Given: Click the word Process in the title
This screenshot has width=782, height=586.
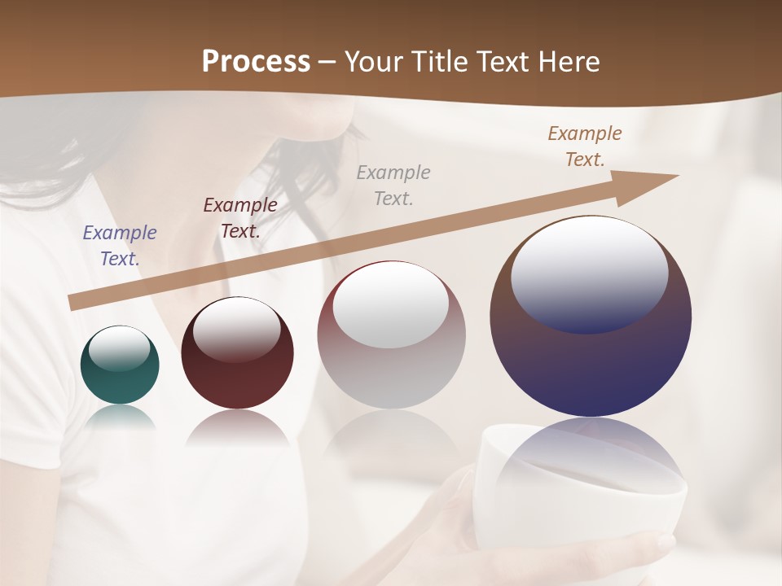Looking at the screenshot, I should [256, 62].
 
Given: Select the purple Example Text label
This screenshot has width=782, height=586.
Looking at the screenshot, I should [120, 246].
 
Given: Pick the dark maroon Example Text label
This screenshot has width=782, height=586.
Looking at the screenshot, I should [240, 218].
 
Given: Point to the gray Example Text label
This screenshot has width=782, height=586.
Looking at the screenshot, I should [393, 185].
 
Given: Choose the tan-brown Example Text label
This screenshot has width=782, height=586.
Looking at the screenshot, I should [585, 146].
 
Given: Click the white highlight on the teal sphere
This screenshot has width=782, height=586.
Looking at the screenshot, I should [119, 348].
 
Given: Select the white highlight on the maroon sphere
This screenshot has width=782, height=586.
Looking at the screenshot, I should [237, 329].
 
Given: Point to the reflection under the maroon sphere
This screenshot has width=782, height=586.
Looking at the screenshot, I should [237, 428].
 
